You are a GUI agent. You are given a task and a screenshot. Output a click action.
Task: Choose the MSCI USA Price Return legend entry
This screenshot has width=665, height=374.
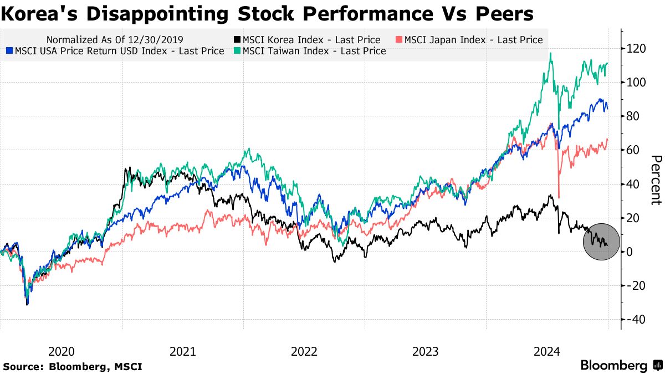pyautogui.click(x=119, y=51)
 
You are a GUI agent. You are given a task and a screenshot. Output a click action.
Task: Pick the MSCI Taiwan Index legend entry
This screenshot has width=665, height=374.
pyautogui.click(x=314, y=51)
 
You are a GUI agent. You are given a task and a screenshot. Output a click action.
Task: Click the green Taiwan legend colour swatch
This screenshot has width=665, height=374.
pyautogui.click(x=237, y=51)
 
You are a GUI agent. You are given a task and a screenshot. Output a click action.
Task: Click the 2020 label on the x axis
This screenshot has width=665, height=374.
pyautogui.click(x=62, y=351)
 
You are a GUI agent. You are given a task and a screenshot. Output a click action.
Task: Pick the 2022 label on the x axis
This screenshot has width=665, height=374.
pyautogui.click(x=304, y=351)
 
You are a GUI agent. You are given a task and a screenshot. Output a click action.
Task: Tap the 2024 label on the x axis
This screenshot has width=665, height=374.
pyautogui.click(x=546, y=351)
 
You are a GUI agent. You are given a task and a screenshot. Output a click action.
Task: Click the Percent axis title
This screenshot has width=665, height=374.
pyautogui.click(x=656, y=180)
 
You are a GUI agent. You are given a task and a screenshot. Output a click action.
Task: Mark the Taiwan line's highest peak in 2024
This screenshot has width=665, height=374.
pyautogui.click(x=550, y=54)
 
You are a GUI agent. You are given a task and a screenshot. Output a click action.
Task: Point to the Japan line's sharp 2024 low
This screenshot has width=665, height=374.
pyautogui.click(x=559, y=197)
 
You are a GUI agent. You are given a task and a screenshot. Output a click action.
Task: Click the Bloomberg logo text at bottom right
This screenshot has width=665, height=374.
pyautogui.click(x=614, y=366)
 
